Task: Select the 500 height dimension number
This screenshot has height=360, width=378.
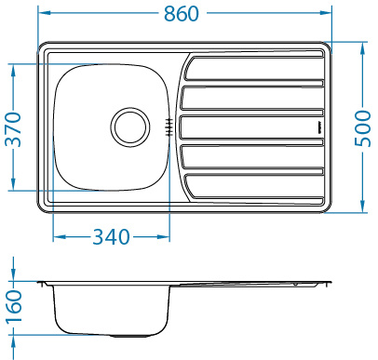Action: click(x=364, y=127)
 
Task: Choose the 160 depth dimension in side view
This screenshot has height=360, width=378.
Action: click(x=13, y=308)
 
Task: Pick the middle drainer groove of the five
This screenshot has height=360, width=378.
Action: click(x=251, y=126)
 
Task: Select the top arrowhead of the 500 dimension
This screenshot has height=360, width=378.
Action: click(x=363, y=46)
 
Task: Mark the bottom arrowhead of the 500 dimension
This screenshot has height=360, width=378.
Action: click(x=363, y=207)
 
